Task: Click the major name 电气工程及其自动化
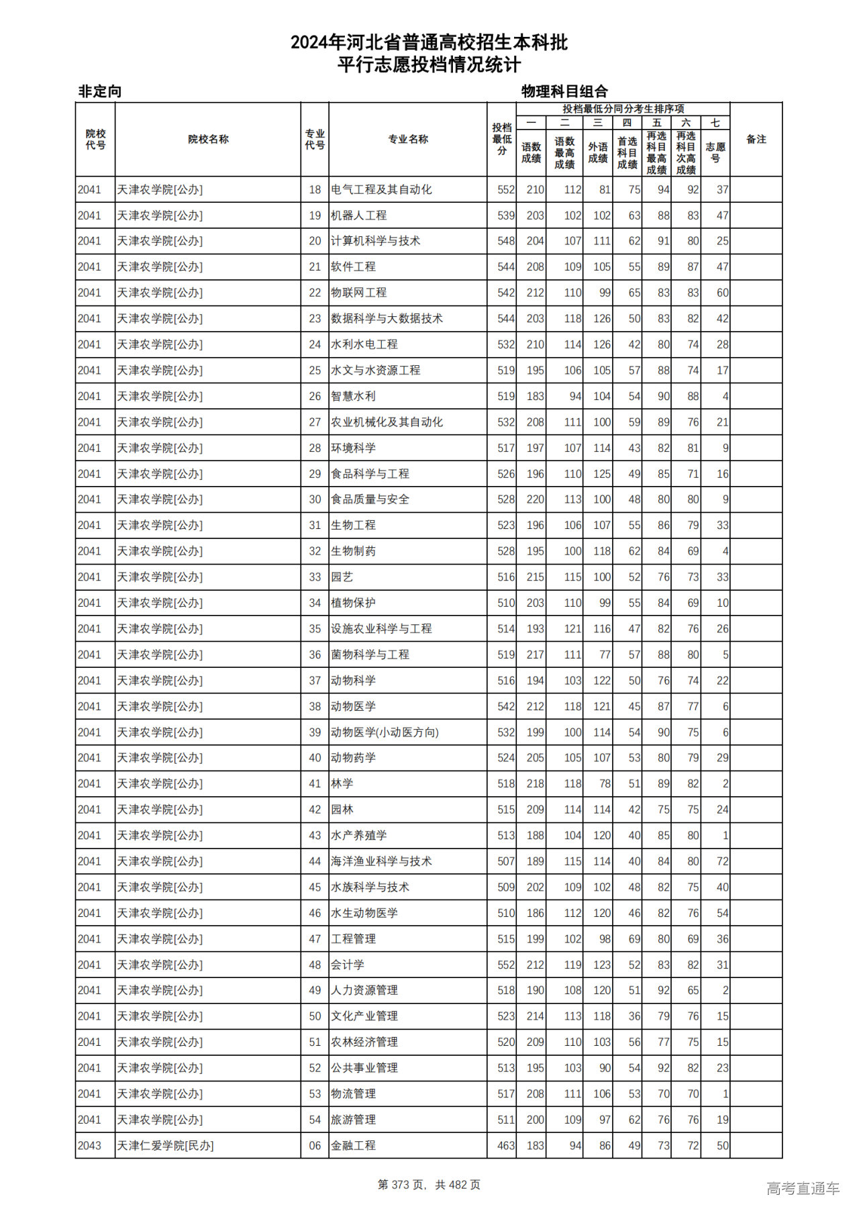pos(381,190)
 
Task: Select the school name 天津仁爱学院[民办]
pos(165,1146)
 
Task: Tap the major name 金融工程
pos(353,1146)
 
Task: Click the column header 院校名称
pos(208,140)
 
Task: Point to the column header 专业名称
pos(408,140)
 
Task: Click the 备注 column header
pos(756,140)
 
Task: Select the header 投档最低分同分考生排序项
pos(623,109)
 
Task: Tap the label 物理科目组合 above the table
pos(564,91)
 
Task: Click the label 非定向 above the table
pos(100,91)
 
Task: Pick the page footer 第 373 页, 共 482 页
pos(429,1185)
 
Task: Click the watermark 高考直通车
pos(803,1188)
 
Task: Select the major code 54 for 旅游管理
pos(315,1120)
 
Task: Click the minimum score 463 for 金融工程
pos(506,1146)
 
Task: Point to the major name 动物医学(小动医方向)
pos(385,732)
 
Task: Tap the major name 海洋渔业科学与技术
pos(381,861)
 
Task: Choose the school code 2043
pos(89,1146)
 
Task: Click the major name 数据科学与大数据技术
pos(387,319)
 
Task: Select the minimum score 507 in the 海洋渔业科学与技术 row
pos(506,861)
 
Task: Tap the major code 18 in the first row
pos(315,190)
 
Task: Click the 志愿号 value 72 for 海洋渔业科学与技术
pos(722,861)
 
